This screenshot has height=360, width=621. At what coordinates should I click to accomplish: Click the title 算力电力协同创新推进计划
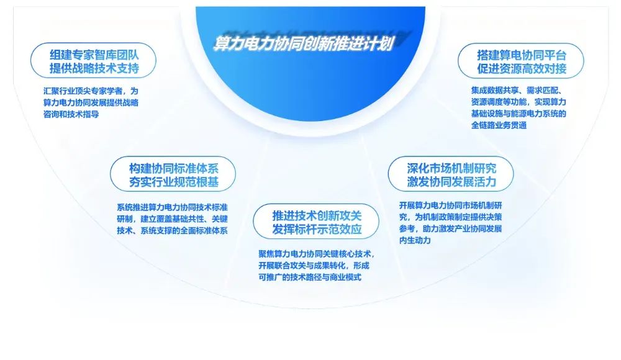(x=304, y=43)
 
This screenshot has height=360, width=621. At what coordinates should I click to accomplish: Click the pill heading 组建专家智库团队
(x=94, y=55)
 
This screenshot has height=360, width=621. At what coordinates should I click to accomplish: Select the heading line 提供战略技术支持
(x=94, y=68)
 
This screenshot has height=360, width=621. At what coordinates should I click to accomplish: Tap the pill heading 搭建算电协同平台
(x=522, y=55)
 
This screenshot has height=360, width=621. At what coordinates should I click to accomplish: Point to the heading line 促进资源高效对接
(x=522, y=68)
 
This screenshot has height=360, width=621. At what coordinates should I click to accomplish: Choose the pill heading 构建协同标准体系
(x=173, y=168)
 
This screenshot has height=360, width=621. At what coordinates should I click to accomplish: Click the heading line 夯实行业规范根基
(x=173, y=182)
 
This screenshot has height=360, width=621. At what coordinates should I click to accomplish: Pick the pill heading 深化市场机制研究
(x=451, y=168)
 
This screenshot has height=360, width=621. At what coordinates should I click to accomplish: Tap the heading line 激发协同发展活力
(x=451, y=182)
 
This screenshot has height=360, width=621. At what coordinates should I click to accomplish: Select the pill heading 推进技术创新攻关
(x=317, y=215)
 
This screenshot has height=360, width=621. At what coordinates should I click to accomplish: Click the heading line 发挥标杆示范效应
(x=317, y=229)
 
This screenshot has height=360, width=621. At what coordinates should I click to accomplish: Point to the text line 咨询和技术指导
(x=71, y=114)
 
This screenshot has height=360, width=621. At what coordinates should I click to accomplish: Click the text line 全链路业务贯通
(x=499, y=125)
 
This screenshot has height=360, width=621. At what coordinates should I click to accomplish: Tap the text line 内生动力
(x=415, y=240)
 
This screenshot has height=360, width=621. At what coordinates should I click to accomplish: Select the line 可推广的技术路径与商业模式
(x=310, y=277)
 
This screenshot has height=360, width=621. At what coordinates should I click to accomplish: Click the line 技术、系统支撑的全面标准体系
(x=172, y=230)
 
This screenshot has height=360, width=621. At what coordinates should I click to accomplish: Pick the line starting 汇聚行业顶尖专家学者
(x=91, y=91)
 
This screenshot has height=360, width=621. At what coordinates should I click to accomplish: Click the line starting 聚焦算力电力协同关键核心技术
(x=317, y=254)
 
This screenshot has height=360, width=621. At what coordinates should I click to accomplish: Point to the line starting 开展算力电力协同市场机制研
(x=451, y=205)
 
